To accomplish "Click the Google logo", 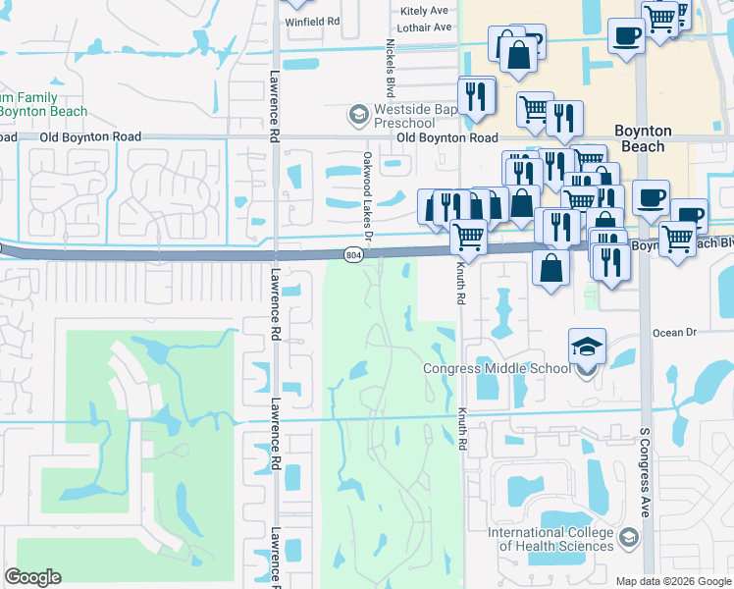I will (33, 577).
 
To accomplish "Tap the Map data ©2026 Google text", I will (673, 581).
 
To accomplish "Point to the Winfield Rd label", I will (313, 20).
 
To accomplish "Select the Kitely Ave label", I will (424, 11).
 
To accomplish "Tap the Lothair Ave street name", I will (427, 27).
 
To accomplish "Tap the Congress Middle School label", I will (496, 369).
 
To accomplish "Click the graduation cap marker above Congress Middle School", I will (587, 348).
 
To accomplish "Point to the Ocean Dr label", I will (673, 333).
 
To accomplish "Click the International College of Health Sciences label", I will (551, 539).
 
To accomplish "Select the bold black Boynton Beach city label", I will (643, 138).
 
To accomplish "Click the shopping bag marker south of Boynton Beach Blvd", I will (551, 266).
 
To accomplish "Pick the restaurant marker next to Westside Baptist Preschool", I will (477, 96).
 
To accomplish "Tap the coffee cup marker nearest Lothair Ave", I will (626, 35).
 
